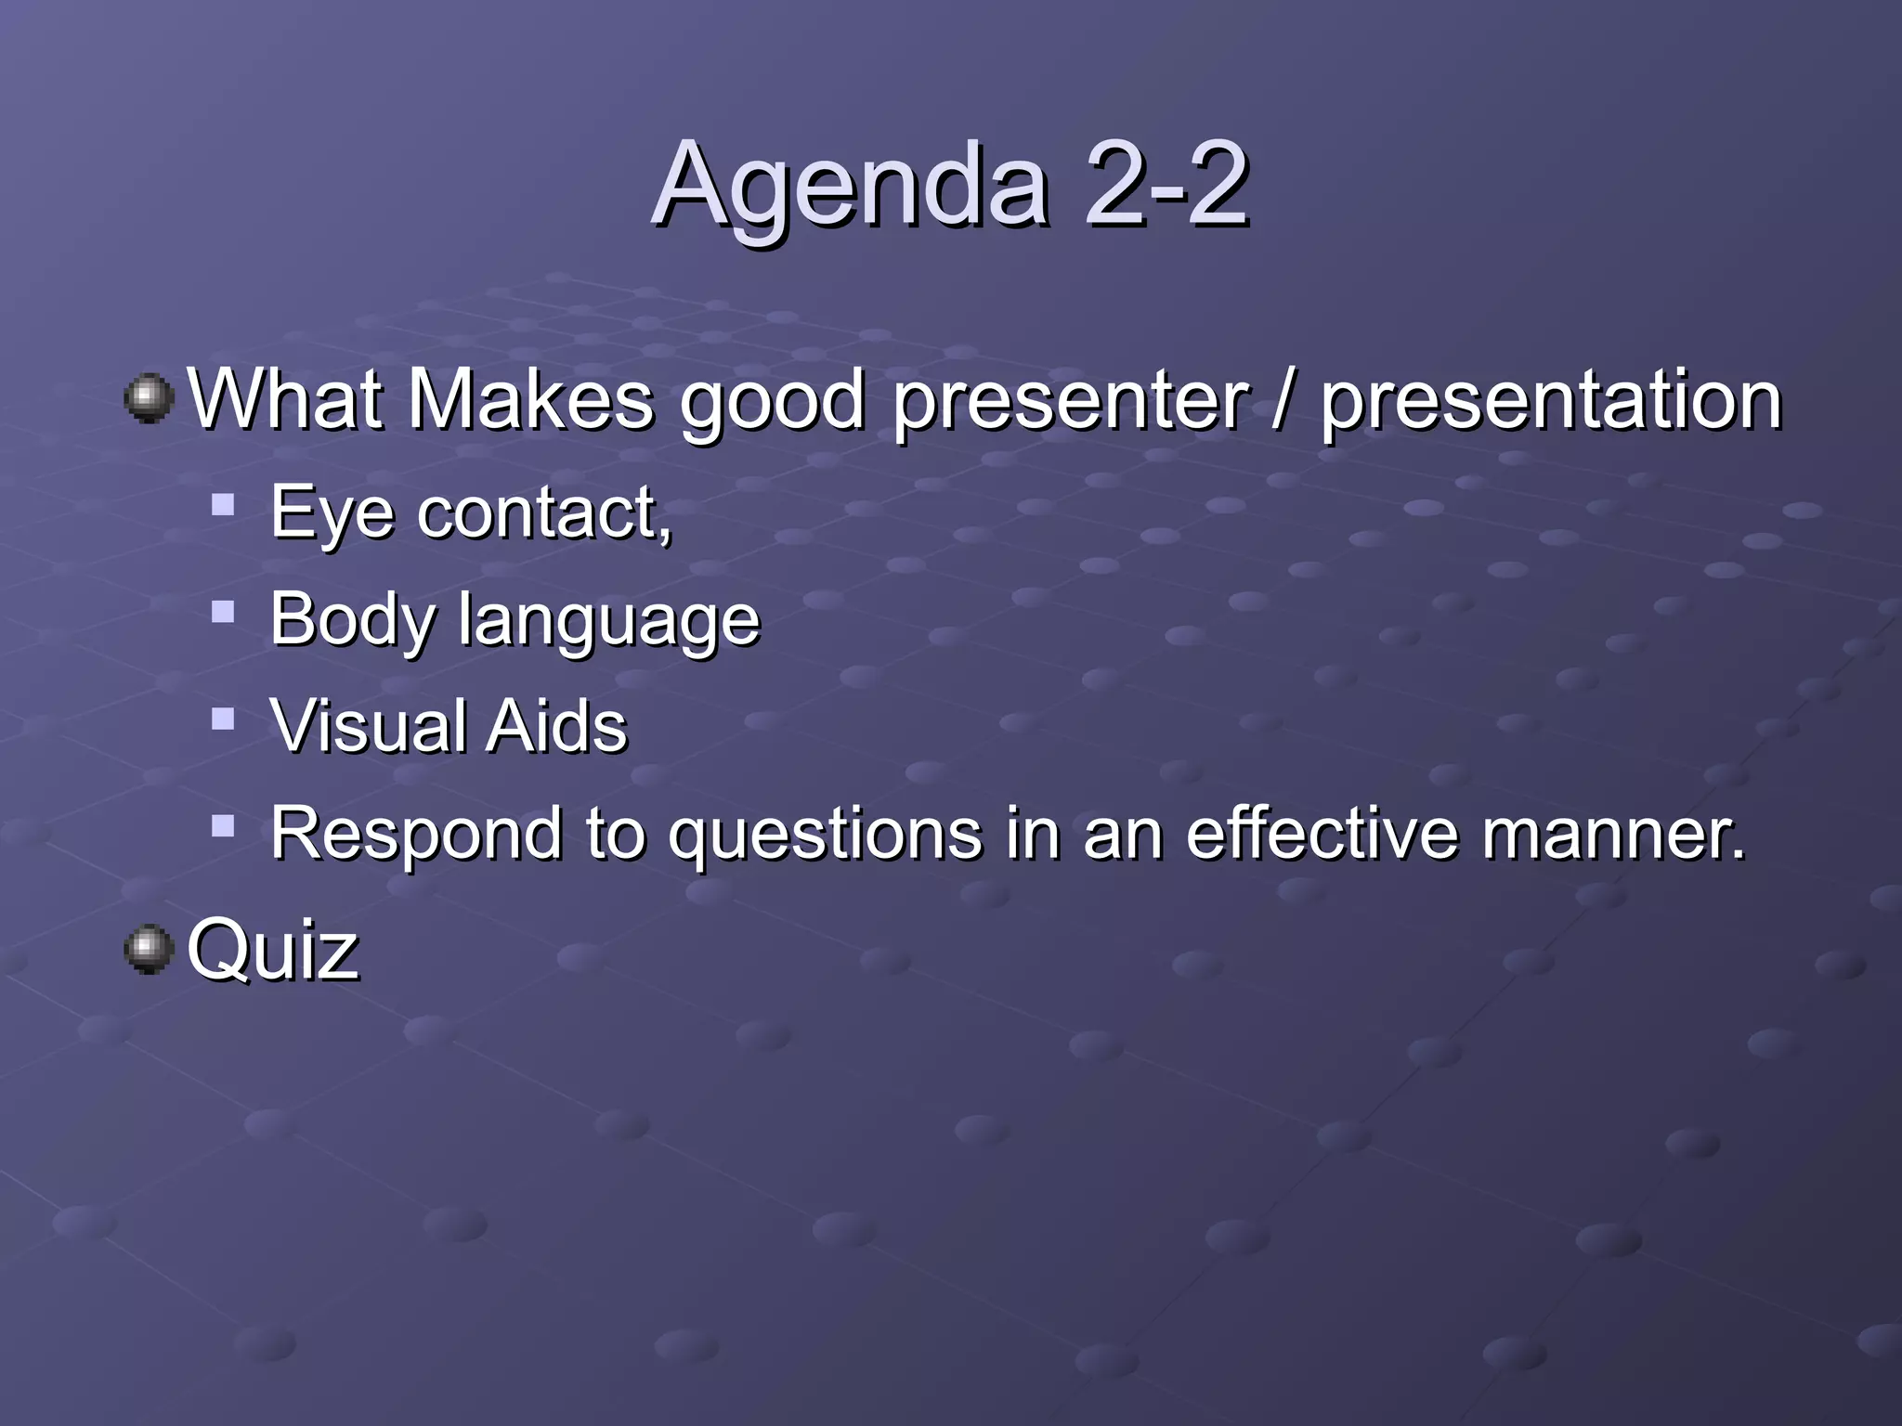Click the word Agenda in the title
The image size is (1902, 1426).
click(851, 186)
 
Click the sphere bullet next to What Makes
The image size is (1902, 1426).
click(149, 398)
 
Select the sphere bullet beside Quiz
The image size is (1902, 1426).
click(149, 949)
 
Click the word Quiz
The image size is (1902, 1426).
click(273, 951)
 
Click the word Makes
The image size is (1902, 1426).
click(530, 399)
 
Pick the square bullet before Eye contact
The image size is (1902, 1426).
click(223, 505)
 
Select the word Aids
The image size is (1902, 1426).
click(556, 726)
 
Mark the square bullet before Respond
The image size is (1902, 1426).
click(223, 825)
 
